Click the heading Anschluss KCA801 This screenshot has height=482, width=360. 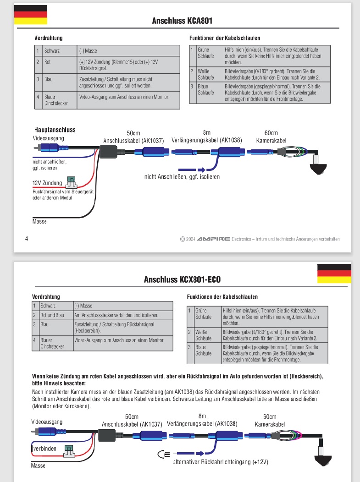(182, 21)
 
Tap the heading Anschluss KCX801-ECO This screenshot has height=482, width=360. (182, 279)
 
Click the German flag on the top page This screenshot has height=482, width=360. (30, 15)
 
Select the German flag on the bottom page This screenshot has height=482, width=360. (334, 274)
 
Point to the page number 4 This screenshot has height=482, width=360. (27, 238)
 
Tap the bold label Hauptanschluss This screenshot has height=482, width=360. (55, 130)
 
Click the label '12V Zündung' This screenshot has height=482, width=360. (47, 183)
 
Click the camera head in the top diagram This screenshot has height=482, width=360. (316, 165)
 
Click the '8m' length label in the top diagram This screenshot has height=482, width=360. (206, 132)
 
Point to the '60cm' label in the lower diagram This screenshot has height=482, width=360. (270, 417)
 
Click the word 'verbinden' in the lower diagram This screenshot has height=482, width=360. (45, 449)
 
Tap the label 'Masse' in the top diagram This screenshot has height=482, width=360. (39, 221)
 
